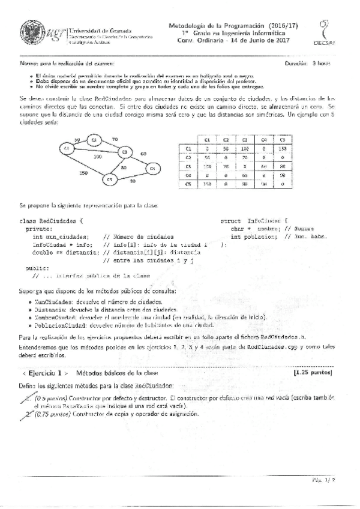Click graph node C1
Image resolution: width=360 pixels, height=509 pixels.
pyautogui.click(x=67, y=148)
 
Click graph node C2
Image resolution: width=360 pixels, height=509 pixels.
pyautogui.click(x=94, y=139)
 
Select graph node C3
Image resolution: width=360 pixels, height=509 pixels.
pyautogui.click(x=125, y=152)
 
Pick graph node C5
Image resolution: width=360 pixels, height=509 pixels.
pyautogui.click(x=110, y=179)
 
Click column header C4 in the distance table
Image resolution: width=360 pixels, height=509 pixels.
pyautogui.click(x=246, y=138)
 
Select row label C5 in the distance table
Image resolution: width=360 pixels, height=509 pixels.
pyautogui.click(x=188, y=184)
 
